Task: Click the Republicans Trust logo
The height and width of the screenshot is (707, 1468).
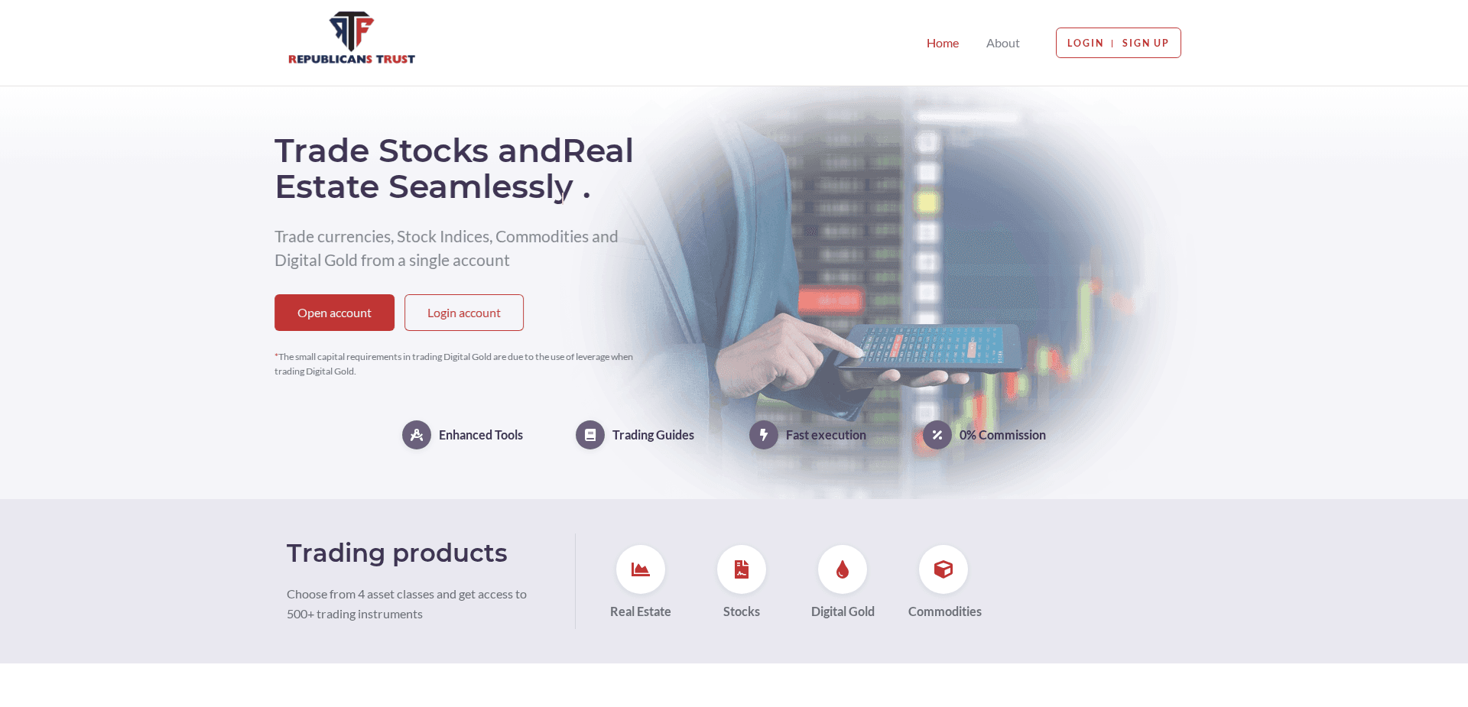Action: coord(352,38)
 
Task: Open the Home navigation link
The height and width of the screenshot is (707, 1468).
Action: coord(943,44)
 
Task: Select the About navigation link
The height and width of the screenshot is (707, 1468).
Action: coord(1002,44)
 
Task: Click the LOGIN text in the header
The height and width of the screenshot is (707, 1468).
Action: coord(1085,44)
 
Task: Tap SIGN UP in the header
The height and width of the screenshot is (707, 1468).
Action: coord(1145,44)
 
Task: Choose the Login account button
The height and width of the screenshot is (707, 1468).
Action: coord(464,313)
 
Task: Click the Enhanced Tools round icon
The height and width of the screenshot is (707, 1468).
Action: coord(417,435)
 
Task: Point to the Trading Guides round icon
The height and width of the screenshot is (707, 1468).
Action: coord(590,435)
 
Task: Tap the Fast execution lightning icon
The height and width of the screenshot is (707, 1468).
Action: coord(764,435)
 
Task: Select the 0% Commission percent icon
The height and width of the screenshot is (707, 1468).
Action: coord(937,435)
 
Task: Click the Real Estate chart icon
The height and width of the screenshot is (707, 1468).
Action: coord(641,569)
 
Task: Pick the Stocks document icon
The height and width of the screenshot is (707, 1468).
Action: coord(742,569)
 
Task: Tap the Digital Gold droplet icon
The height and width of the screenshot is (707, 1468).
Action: coord(843,569)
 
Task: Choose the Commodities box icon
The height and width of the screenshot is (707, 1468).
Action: coord(943,569)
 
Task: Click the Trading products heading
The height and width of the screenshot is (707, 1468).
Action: coord(397,553)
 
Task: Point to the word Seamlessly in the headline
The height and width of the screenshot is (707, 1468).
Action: coord(481,187)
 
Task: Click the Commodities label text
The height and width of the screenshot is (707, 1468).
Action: coord(945,611)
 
